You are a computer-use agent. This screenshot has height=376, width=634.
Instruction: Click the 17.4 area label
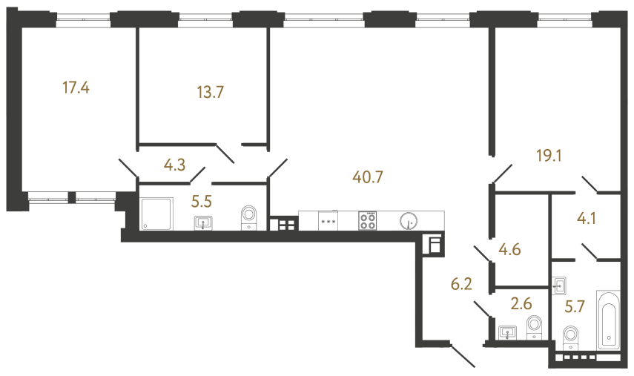click(x=76, y=89)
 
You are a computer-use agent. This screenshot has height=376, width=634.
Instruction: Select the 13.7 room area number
click(x=210, y=93)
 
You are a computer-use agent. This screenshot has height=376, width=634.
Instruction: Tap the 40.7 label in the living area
click(x=369, y=177)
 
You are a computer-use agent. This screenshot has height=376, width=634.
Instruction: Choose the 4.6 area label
click(x=510, y=249)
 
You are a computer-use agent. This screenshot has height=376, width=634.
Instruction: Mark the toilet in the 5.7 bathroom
click(x=571, y=336)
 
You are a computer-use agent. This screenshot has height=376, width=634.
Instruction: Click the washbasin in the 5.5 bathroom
click(x=203, y=222)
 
